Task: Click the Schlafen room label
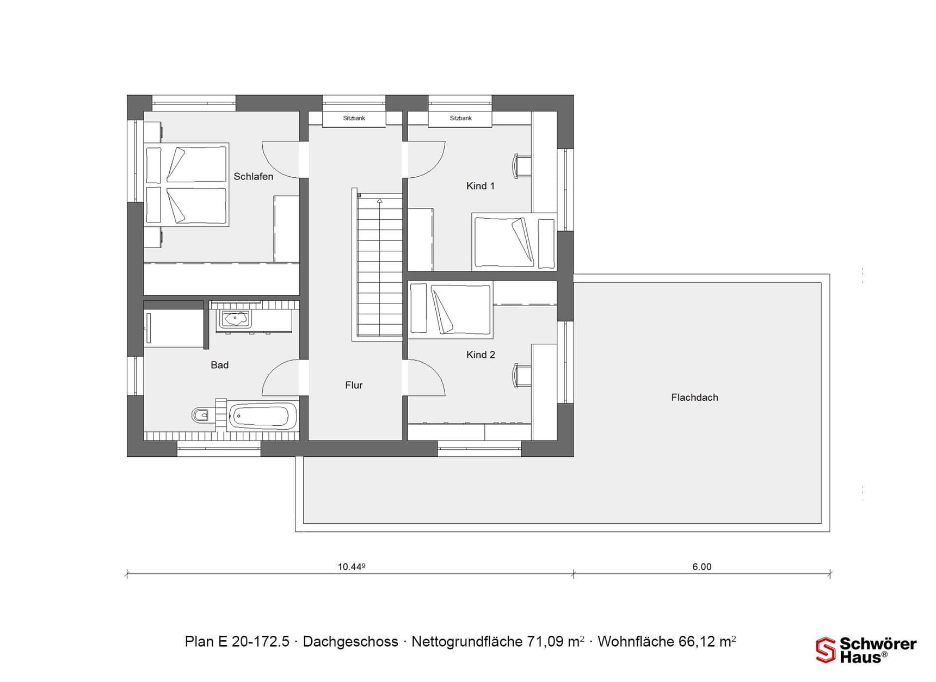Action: (x=253, y=177)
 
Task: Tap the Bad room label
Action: (x=219, y=365)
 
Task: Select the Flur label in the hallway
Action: (x=353, y=385)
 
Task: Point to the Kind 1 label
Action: (x=480, y=186)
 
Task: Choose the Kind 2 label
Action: (x=480, y=355)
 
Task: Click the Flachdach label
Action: (x=694, y=398)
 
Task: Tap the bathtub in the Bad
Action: (x=262, y=417)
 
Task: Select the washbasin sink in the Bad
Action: (x=235, y=319)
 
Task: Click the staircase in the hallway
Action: (x=379, y=266)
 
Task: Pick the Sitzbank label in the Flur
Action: (x=354, y=118)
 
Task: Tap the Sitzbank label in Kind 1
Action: (x=460, y=118)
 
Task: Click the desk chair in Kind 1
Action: (x=521, y=166)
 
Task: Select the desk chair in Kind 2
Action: (x=521, y=376)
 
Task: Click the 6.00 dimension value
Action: (x=701, y=567)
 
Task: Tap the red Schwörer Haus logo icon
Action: (x=825, y=650)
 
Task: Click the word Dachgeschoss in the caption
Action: (x=350, y=642)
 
